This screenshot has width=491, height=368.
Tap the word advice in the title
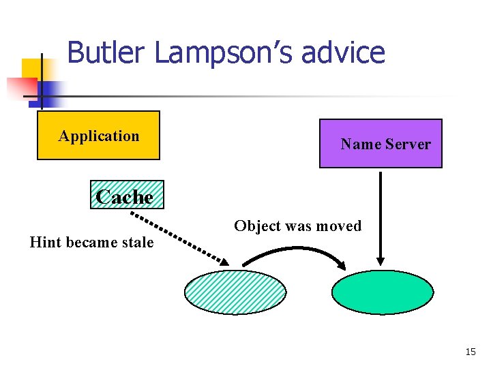point(347,52)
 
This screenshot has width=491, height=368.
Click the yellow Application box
point(98,136)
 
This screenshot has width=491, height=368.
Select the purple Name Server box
point(381,144)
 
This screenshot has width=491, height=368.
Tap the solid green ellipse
point(382,293)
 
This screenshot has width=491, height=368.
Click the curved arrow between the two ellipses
point(294,251)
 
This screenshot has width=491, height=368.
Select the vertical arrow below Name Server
point(381,218)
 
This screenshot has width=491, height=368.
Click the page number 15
point(470,352)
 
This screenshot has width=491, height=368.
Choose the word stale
point(138,242)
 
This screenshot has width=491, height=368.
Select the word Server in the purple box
point(408,144)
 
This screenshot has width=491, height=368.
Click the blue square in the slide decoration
point(49,91)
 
